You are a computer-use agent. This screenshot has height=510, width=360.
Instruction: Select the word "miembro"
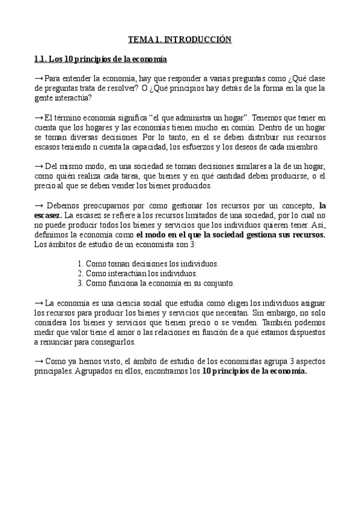point(304,147)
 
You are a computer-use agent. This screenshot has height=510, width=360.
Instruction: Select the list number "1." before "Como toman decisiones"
point(81,263)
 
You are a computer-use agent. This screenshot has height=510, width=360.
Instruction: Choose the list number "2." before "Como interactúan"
point(81,273)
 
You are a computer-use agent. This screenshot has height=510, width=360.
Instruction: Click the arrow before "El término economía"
point(39,117)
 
